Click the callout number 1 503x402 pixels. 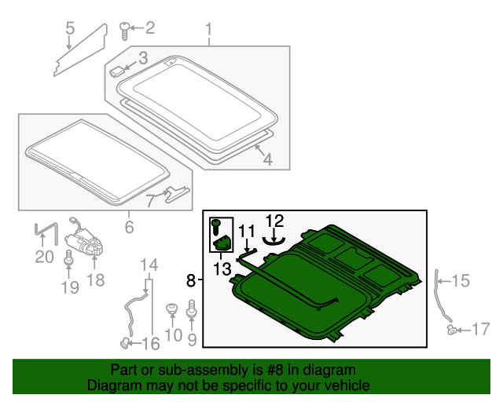coord(209,30)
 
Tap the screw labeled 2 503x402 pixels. coord(125,31)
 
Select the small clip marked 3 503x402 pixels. coord(116,71)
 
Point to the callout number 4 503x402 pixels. coord(268,159)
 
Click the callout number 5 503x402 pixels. coord(70,28)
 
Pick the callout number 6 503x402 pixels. coord(129,227)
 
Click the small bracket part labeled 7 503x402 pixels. coord(178,194)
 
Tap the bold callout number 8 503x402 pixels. coord(191,281)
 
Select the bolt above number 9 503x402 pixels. coord(192,308)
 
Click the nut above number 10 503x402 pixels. coord(172,309)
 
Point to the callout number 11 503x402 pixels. coord(247,231)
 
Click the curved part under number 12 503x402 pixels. coord(274,241)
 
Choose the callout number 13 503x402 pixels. coord(222,269)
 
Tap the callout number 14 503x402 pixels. coord(149,265)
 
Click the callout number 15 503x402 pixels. coord(461,280)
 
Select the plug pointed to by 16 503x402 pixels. coord(124,342)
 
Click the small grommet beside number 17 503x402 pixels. coord(452,330)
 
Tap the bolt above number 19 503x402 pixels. coord(68,258)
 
